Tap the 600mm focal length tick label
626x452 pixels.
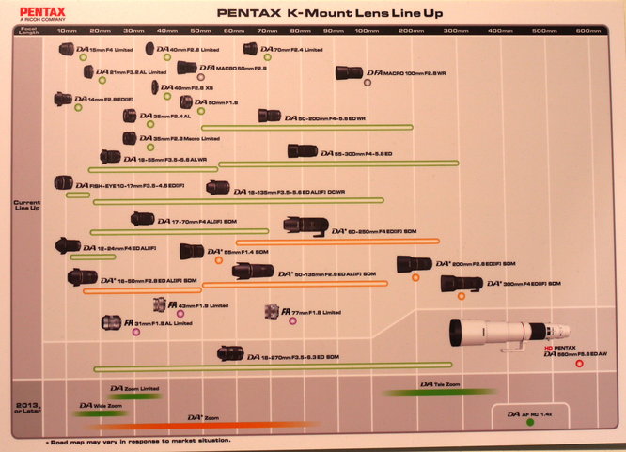coord(588,31)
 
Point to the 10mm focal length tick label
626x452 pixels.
coord(66,31)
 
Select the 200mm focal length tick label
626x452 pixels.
coord(411,31)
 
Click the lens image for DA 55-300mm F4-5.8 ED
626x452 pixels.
coord(302,150)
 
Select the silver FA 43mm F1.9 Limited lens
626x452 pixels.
coord(160,304)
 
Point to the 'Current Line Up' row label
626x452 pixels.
coord(25,205)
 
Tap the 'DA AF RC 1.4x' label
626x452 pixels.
coord(530,413)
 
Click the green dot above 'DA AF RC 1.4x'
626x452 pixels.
coord(530,423)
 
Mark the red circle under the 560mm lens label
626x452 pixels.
coord(580,364)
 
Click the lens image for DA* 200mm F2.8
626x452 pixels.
coord(413,264)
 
